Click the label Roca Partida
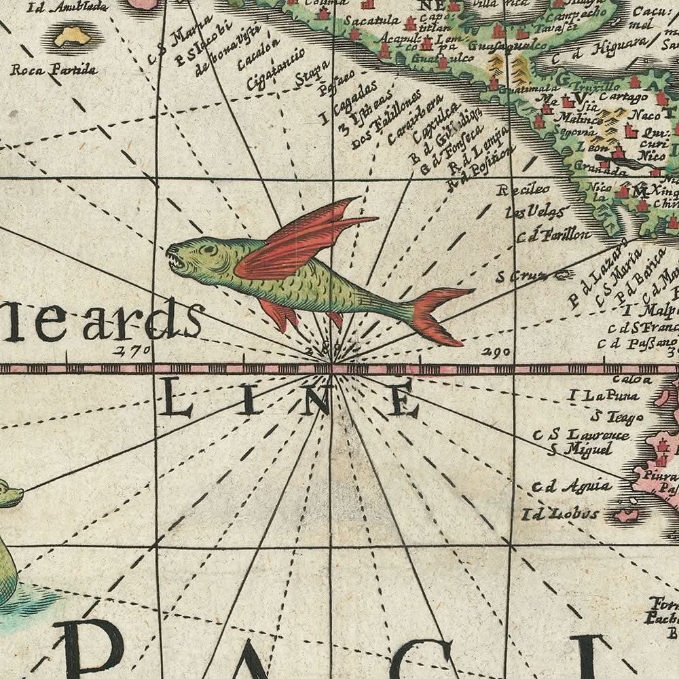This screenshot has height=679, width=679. pyautogui.click(x=54, y=70)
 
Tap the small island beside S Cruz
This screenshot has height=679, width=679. pyautogui.click(x=562, y=274)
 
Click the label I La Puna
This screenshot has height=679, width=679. pyautogui.click(x=600, y=395)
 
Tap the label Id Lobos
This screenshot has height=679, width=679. pyautogui.click(x=560, y=513)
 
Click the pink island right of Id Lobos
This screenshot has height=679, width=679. pyautogui.click(x=626, y=515)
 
